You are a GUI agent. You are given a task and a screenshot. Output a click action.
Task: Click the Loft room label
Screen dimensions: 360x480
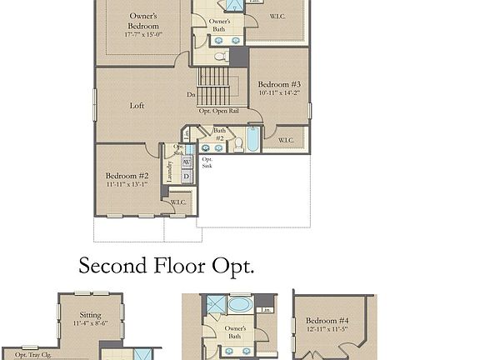pos(137,106)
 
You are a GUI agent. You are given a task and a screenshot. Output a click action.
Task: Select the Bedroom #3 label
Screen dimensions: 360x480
pos(278,84)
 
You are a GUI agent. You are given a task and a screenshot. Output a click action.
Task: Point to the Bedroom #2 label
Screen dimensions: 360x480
pos(127,176)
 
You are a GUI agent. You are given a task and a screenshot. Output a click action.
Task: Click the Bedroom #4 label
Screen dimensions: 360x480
pos(326,321)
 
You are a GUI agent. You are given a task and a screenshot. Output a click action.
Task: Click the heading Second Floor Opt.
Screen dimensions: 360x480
pos(166,267)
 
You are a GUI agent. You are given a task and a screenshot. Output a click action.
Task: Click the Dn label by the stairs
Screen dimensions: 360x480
pos(191,95)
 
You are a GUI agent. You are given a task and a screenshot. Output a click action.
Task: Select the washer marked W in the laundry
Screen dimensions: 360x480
pos(187,162)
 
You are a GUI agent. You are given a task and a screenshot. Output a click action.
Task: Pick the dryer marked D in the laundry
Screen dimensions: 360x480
pos(187,177)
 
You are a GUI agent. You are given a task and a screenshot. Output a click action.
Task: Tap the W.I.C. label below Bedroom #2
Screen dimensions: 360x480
pos(178,202)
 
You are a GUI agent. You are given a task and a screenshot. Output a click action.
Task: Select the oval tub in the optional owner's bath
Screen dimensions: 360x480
pos(238,303)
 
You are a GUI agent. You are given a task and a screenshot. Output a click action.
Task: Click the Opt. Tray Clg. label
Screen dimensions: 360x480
pos(32,354)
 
